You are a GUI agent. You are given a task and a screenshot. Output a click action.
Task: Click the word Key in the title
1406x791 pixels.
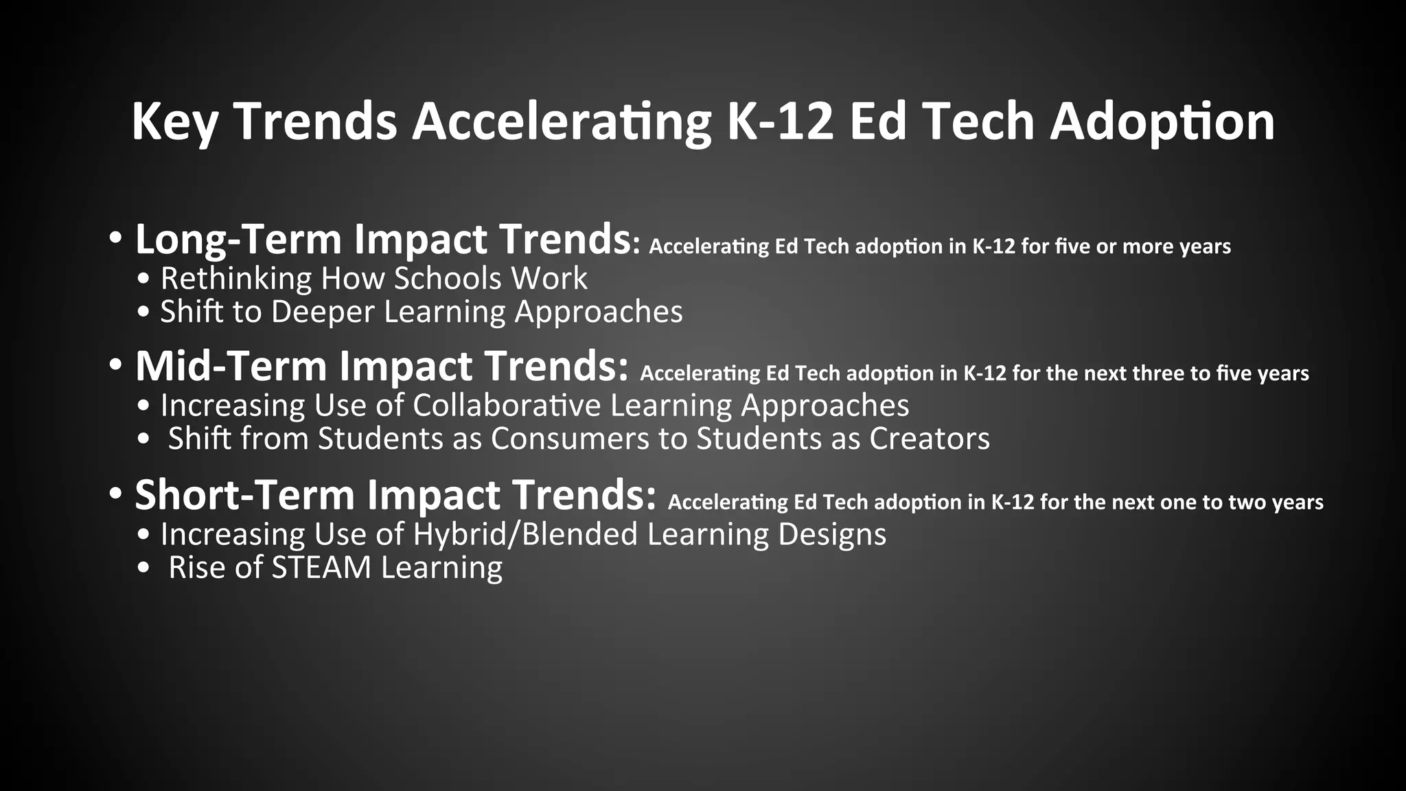click(x=174, y=122)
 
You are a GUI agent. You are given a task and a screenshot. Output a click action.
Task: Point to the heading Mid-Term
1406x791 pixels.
click(x=231, y=366)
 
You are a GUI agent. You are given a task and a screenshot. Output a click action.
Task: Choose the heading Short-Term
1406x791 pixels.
click(x=244, y=494)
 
